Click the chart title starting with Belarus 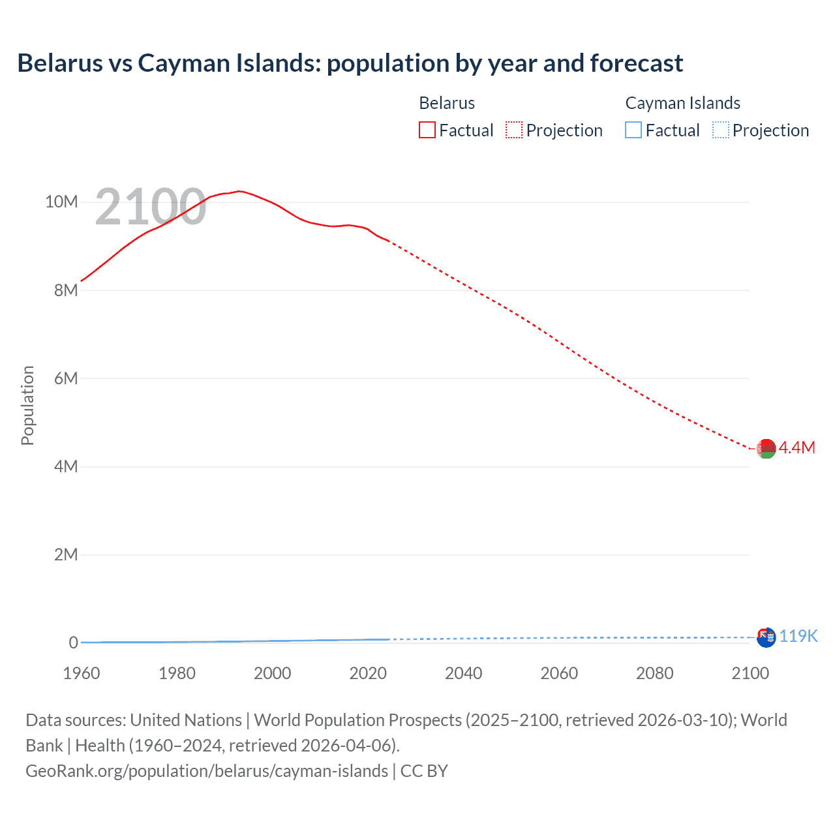(x=350, y=63)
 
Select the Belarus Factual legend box (x=427, y=130)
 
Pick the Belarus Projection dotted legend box (x=514, y=130)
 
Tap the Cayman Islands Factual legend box (x=633, y=130)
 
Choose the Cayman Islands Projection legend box (x=721, y=130)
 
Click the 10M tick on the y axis (x=61, y=202)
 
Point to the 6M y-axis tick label (x=66, y=378)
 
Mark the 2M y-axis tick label (x=66, y=554)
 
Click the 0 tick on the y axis (x=73, y=643)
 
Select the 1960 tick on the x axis (x=82, y=673)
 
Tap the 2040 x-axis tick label (x=463, y=673)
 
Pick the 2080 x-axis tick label (x=654, y=673)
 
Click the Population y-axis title (x=27, y=405)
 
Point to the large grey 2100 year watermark (x=151, y=207)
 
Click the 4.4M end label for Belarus (x=797, y=448)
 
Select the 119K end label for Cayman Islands (x=798, y=636)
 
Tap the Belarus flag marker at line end (x=766, y=448)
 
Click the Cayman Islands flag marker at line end (x=766, y=637)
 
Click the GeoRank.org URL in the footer (x=207, y=771)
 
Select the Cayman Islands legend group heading (x=682, y=103)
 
